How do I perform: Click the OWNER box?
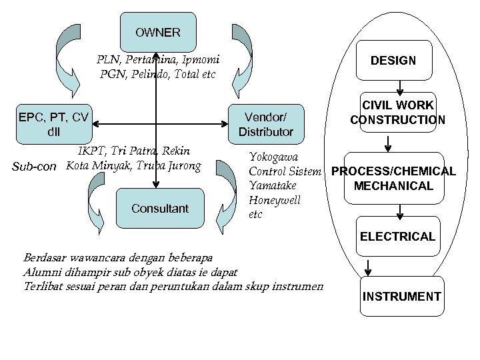click(x=157, y=32)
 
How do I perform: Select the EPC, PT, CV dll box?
click(x=53, y=124)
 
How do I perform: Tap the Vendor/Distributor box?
click(x=265, y=124)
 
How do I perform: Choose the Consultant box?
click(x=160, y=208)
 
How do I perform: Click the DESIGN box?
click(x=393, y=61)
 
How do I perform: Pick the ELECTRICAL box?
click(x=398, y=236)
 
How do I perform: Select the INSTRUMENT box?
click(x=401, y=297)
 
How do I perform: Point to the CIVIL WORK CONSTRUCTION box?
click(x=398, y=113)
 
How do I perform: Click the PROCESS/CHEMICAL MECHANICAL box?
click(x=393, y=178)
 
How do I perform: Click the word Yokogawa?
click(x=273, y=157)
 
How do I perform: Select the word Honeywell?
click(x=274, y=200)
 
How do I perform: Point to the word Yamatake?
click(x=272, y=185)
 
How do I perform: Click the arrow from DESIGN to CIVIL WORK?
click(x=399, y=87)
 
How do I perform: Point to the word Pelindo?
click(x=144, y=74)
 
